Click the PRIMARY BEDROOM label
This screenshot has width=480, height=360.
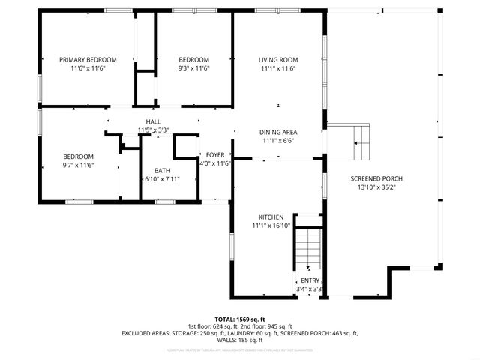click(88, 60)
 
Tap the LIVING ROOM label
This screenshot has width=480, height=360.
click(278, 60)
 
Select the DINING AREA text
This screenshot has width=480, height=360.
click(278, 131)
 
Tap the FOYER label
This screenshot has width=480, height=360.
click(214, 154)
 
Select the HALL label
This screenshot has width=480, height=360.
click(153, 121)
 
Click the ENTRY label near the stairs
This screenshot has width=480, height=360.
click(310, 280)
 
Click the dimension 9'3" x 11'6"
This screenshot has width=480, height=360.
click(193, 68)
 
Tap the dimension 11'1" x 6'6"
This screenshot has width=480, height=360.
click(278, 140)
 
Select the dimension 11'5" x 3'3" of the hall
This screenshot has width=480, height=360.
click(153, 130)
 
